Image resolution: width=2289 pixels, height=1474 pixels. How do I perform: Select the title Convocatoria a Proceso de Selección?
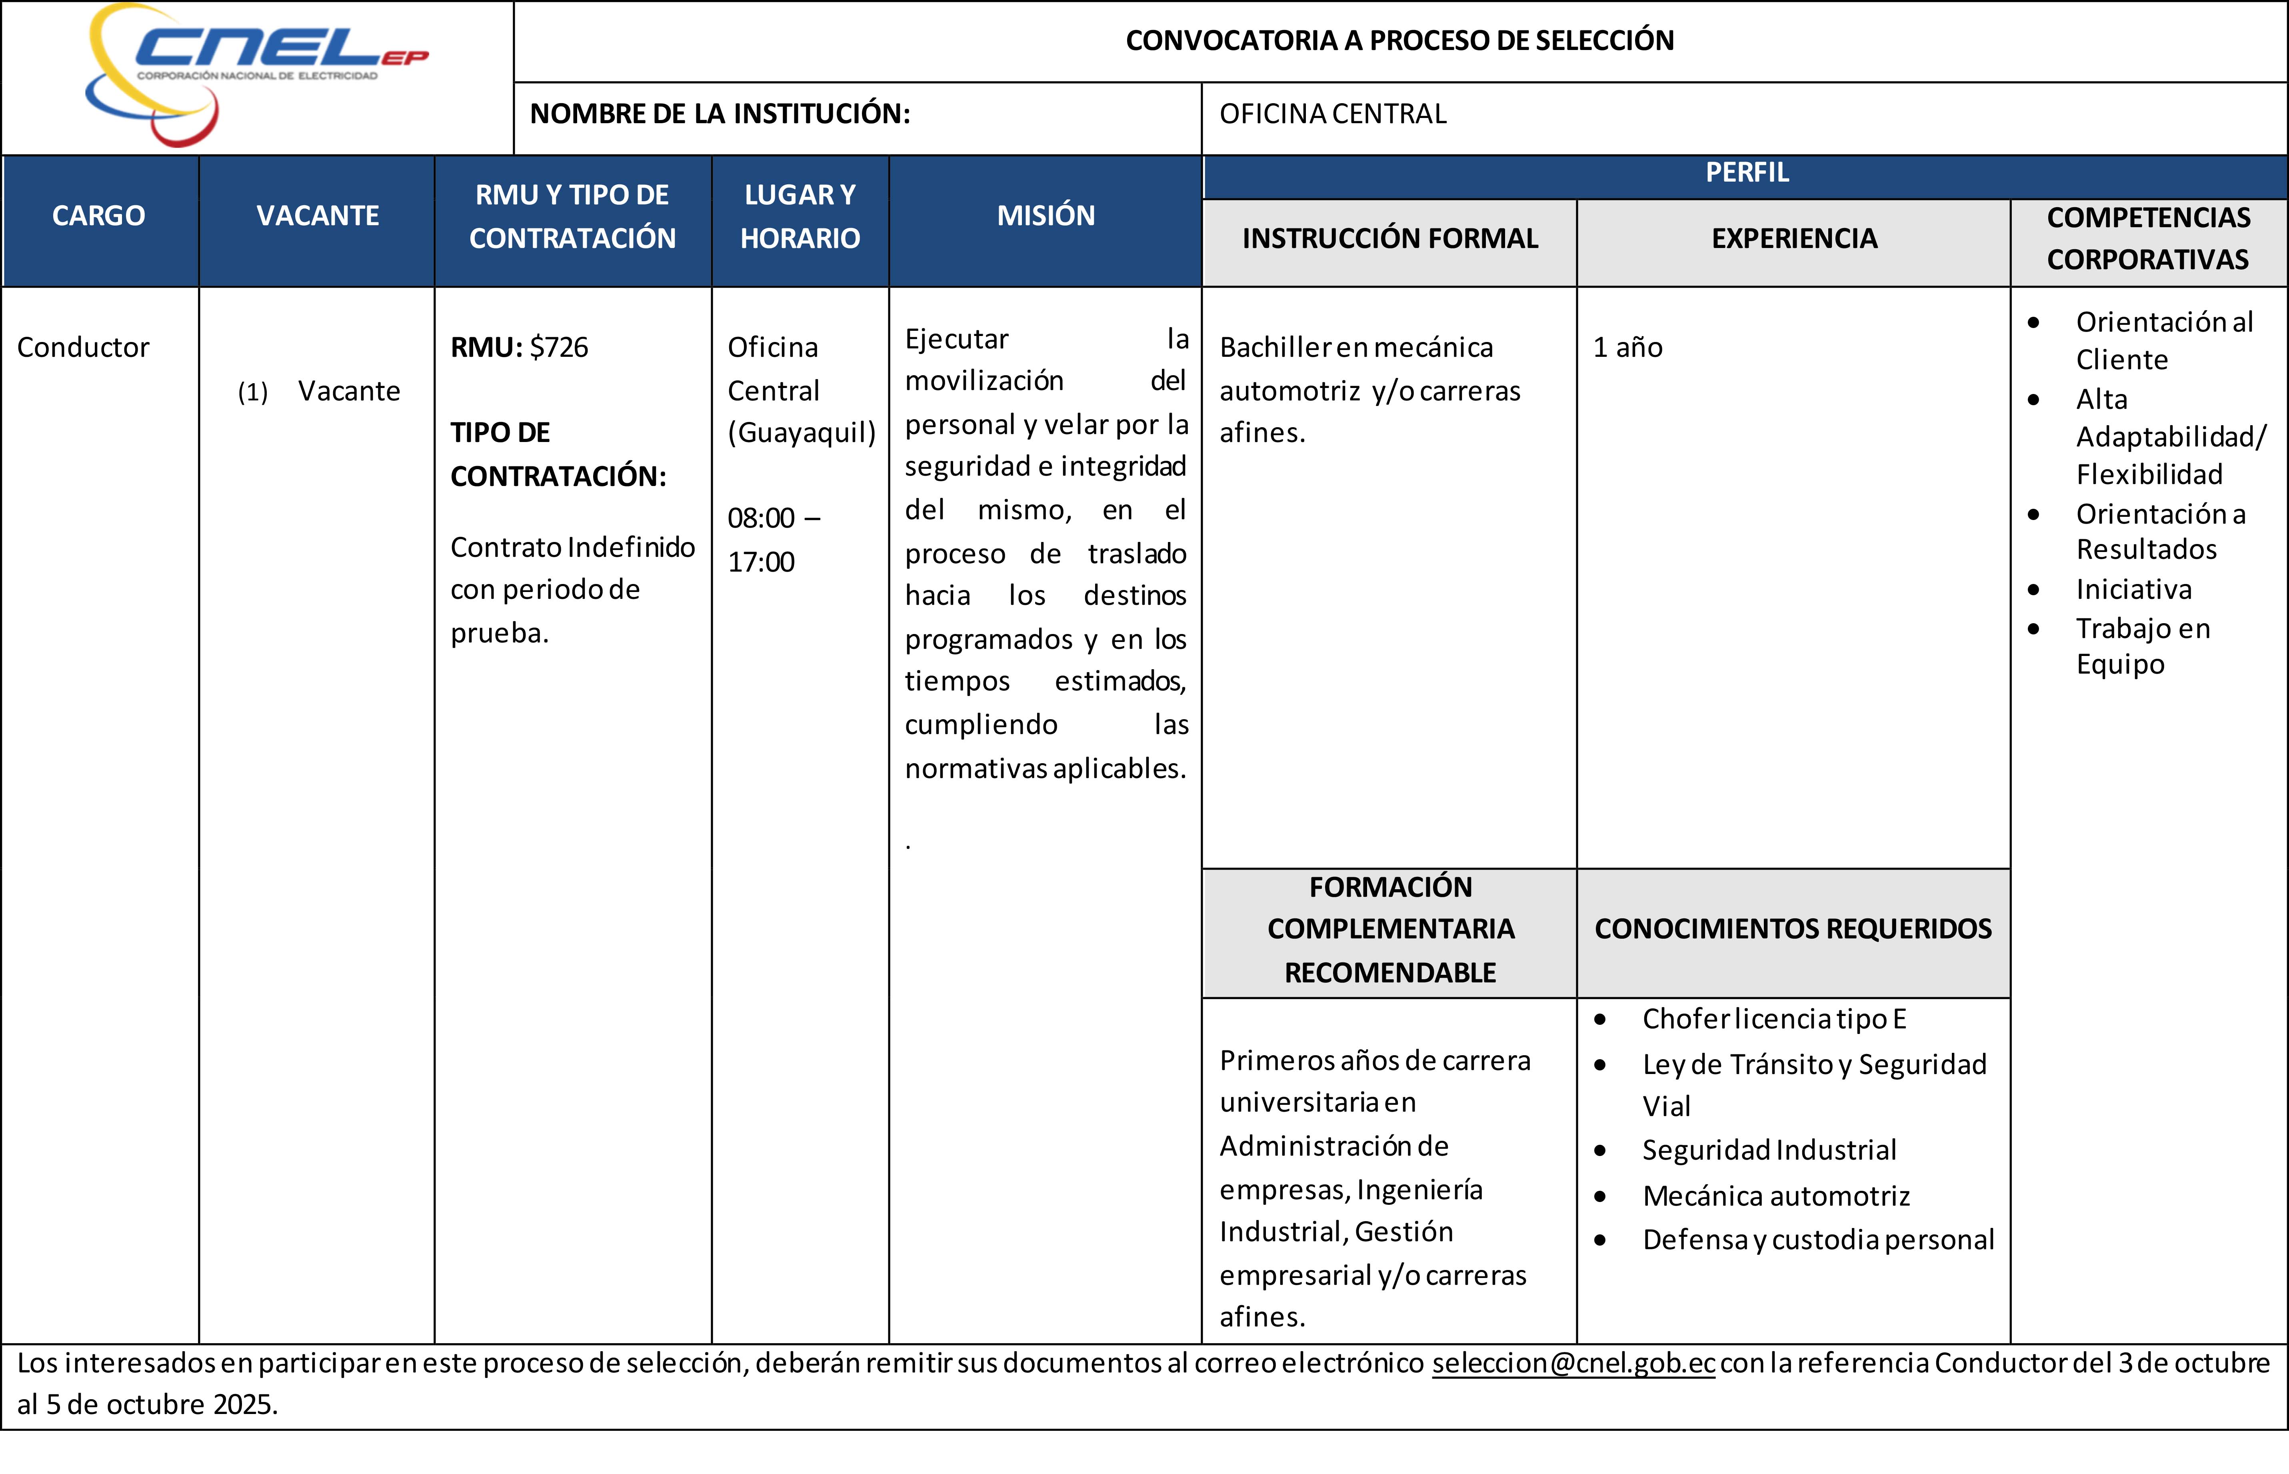[x=1399, y=40]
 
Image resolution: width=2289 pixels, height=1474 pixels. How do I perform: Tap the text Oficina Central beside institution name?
[x=1332, y=114]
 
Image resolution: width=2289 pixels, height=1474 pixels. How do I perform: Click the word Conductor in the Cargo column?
[x=83, y=348]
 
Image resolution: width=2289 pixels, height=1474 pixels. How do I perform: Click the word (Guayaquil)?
[x=801, y=433]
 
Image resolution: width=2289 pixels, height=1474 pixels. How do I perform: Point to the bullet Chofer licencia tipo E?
[x=1773, y=1019]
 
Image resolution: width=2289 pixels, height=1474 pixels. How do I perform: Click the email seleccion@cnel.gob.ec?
[x=1572, y=1363]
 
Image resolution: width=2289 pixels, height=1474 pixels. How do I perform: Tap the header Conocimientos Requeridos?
[x=1792, y=928]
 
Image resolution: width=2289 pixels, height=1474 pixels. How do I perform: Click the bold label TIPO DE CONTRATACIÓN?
[x=558, y=454]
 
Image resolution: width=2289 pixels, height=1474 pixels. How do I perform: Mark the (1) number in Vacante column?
[x=253, y=392]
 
